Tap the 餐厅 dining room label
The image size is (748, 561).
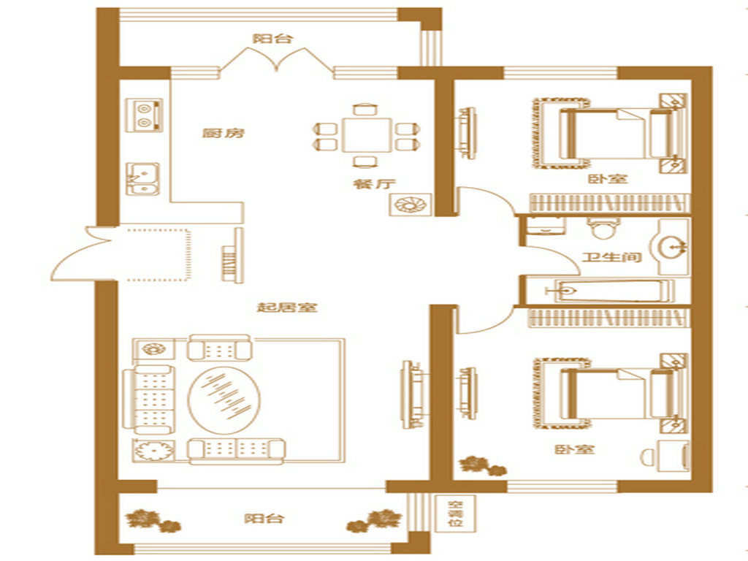click(375, 183)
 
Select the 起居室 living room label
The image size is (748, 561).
click(287, 308)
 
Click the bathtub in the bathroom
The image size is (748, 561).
click(610, 290)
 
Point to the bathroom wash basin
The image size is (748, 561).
click(673, 247)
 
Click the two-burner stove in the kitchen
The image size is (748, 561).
click(144, 115)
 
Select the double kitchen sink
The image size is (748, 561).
click(142, 178)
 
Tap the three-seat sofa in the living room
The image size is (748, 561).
click(148, 400)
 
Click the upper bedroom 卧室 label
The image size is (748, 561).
click(607, 179)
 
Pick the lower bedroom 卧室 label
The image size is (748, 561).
click(574, 449)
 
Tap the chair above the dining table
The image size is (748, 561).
click(365, 108)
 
